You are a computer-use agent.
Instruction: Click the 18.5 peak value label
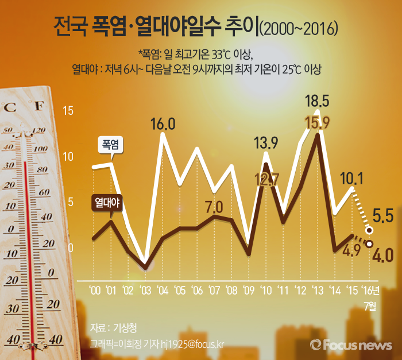point(318,102)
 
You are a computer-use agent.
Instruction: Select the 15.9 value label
point(317,123)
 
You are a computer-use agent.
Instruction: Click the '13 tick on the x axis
point(317,289)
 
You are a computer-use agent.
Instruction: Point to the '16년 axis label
point(369,289)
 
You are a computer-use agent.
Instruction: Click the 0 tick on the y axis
point(71,248)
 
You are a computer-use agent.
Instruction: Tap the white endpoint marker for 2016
point(369,230)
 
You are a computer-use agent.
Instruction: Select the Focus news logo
point(351,344)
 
